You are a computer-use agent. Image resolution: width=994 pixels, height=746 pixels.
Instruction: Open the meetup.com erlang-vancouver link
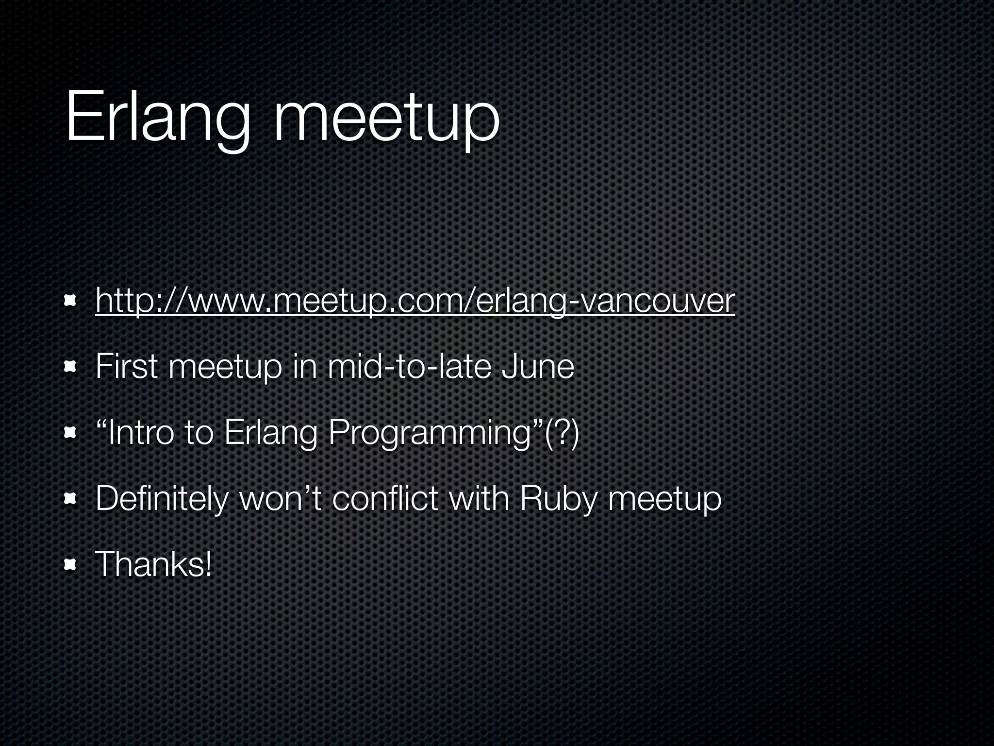point(415,301)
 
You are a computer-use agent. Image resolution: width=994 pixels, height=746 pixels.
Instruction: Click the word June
point(537,366)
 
